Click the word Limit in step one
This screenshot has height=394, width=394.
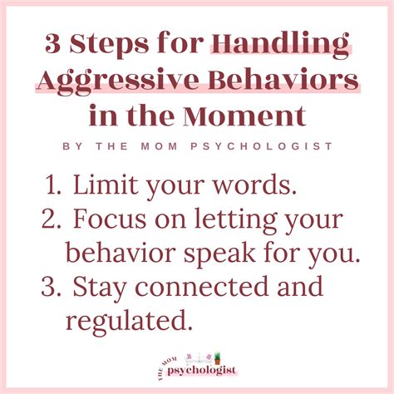[104, 185]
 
